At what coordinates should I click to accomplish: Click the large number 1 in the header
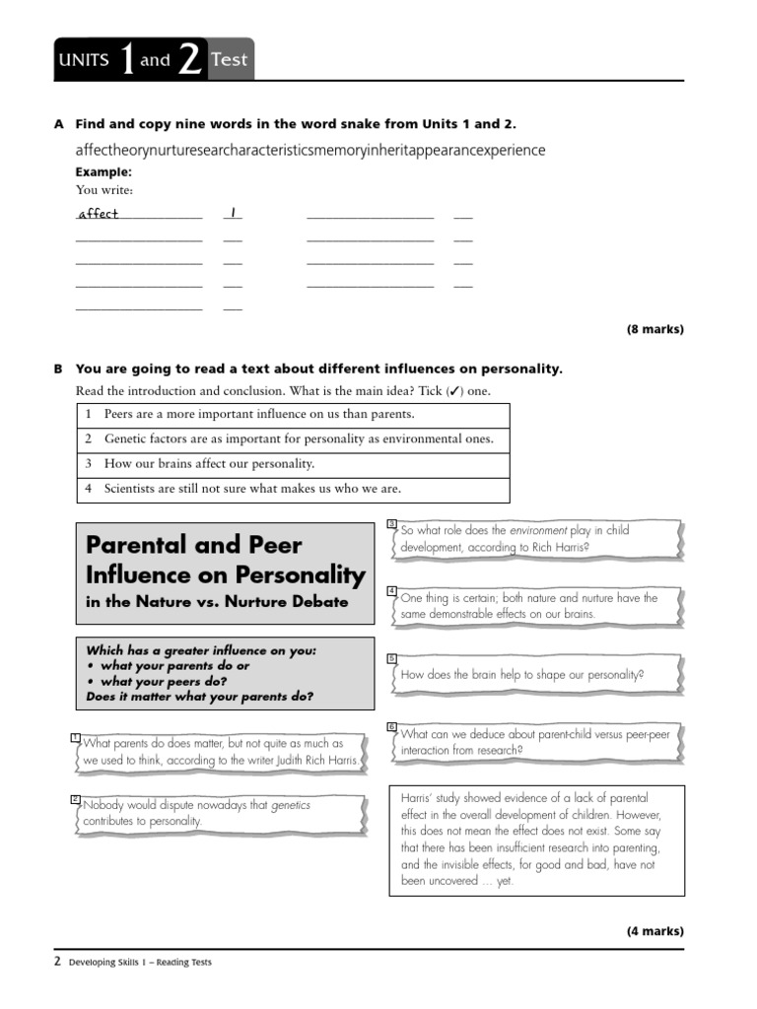click(x=126, y=59)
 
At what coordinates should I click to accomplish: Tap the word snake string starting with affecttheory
click(x=310, y=150)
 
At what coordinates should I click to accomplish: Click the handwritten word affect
click(x=99, y=214)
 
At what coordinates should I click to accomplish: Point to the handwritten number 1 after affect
click(x=233, y=213)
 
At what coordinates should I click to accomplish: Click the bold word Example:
click(x=103, y=171)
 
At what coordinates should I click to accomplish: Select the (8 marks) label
click(x=654, y=330)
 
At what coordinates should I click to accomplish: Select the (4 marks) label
click(x=654, y=931)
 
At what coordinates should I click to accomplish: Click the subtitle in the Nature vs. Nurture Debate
click(x=217, y=602)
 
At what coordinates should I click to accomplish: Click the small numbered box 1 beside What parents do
click(x=76, y=738)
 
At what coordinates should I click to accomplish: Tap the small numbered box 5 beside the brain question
click(x=391, y=657)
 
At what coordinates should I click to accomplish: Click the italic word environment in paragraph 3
click(x=538, y=530)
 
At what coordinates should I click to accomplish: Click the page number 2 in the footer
click(x=57, y=962)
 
